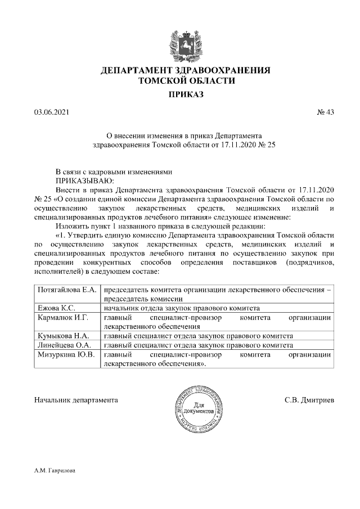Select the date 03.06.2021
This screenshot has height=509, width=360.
51,112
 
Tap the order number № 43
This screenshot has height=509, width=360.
325,112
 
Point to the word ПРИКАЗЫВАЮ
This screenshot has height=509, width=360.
84,181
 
